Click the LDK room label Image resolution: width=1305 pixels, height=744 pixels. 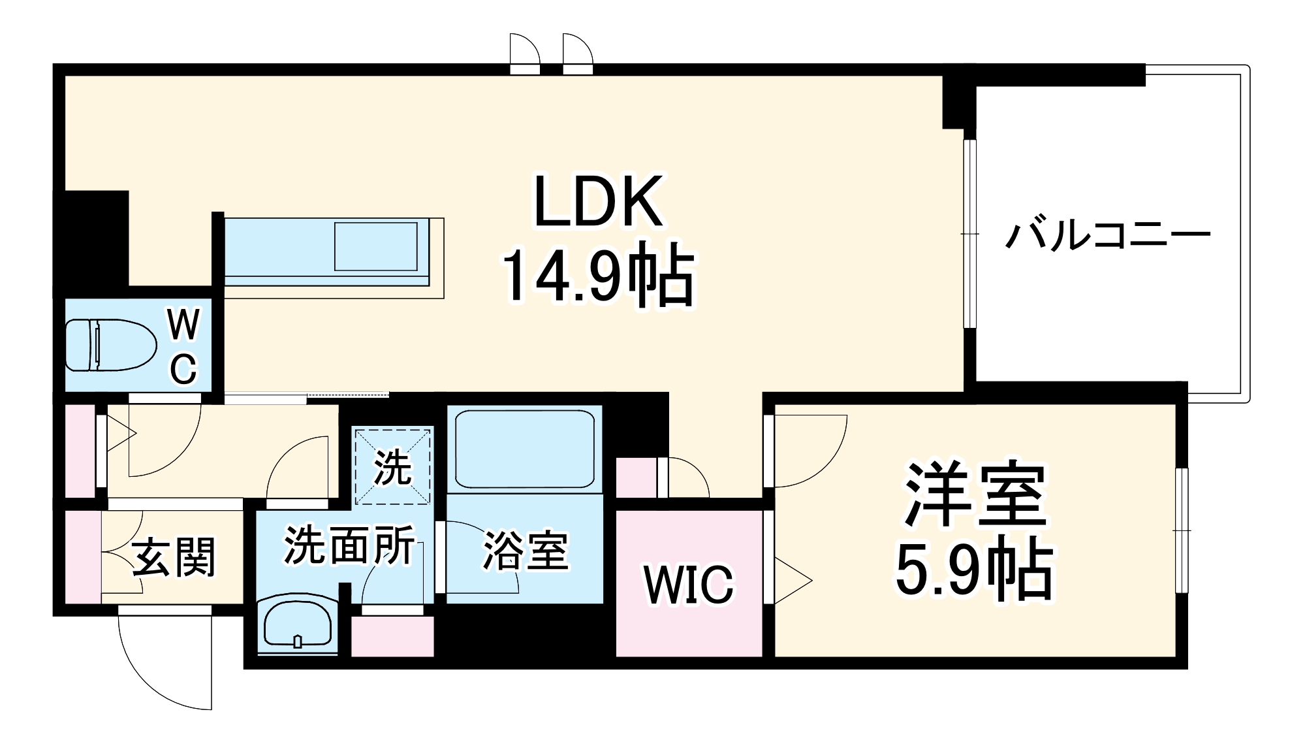pyautogui.click(x=598, y=202)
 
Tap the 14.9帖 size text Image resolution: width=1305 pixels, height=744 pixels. pyautogui.click(x=598, y=275)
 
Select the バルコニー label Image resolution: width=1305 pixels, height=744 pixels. pyautogui.click(x=1107, y=236)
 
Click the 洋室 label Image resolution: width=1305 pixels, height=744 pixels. pyautogui.click(x=975, y=494)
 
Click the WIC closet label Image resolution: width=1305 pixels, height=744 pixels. pyautogui.click(x=688, y=585)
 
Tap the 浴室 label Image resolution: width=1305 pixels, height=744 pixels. pyautogui.click(x=525, y=550)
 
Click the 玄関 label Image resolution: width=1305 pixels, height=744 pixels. pyautogui.click(x=174, y=558)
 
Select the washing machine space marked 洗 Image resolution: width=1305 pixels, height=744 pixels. pyautogui.click(x=392, y=466)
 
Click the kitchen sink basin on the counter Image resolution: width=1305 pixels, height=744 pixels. pyautogui.click(x=376, y=246)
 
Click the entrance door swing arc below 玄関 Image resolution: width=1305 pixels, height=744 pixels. pyautogui.click(x=163, y=673)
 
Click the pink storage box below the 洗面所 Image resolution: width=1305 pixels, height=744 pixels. pyautogui.click(x=392, y=636)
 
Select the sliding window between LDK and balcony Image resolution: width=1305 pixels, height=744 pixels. pyautogui.click(x=970, y=233)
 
